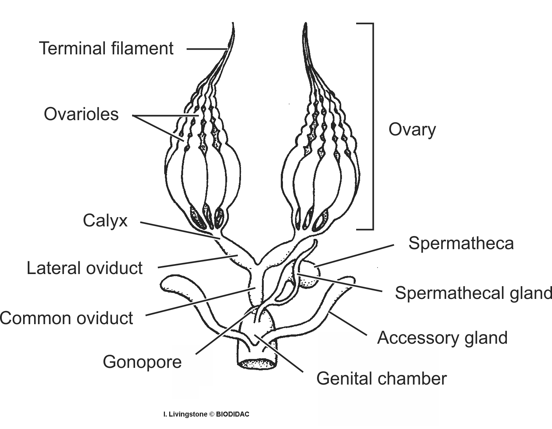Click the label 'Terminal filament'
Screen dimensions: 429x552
tap(106, 48)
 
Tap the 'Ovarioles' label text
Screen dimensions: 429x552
tap(81, 114)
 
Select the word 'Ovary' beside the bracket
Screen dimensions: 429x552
tap(412, 129)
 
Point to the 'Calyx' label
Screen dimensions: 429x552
tap(105, 221)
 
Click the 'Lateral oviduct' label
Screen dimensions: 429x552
tap(85, 268)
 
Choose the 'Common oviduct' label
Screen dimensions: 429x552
tap(66, 318)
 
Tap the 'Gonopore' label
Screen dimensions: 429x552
tap(142, 362)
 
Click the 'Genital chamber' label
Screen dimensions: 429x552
tap(381, 379)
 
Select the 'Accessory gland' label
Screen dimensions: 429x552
tap(442, 338)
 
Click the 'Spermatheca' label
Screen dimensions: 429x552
tap(461, 243)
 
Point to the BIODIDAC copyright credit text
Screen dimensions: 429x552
tap(206, 414)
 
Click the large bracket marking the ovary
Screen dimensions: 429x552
tap(373, 126)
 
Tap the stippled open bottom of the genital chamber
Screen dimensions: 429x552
tap(257, 363)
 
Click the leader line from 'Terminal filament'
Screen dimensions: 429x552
tap(206, 49)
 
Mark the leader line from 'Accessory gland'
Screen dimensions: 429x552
tap(348, 323)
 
